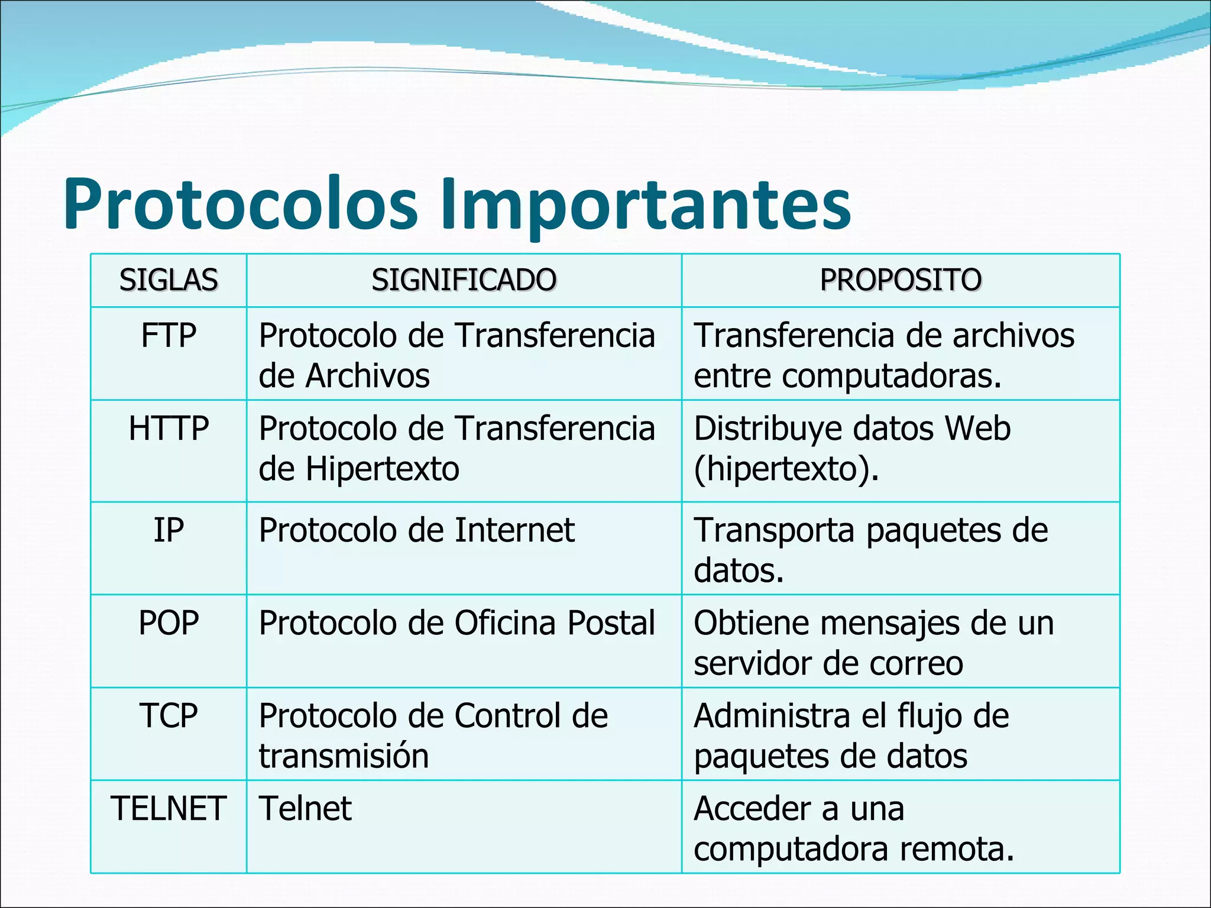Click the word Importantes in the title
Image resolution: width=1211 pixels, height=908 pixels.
coord(646,204)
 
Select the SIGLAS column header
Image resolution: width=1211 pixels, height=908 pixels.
coord(169,280)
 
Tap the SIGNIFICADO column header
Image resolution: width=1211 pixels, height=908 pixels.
coord(464,280)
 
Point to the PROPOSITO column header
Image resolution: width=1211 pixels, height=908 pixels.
coord(901,280)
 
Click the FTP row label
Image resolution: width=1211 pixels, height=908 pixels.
coord(169,336)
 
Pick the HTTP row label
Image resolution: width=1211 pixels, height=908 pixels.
coord(169,429)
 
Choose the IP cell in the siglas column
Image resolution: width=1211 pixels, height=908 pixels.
coord(169,530)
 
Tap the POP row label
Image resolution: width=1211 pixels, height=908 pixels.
coord(169,623)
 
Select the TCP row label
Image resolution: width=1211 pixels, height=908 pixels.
coord(169,716)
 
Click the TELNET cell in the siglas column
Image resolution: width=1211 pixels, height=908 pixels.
coord(169,809)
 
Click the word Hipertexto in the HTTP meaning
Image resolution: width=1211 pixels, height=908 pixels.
coord(382,469)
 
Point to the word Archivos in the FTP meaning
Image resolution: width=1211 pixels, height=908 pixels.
coord(367,377)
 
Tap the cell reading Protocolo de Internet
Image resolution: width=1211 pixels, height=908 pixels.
coord(416,530)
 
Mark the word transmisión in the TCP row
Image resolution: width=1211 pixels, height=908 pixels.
coord(344,757)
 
